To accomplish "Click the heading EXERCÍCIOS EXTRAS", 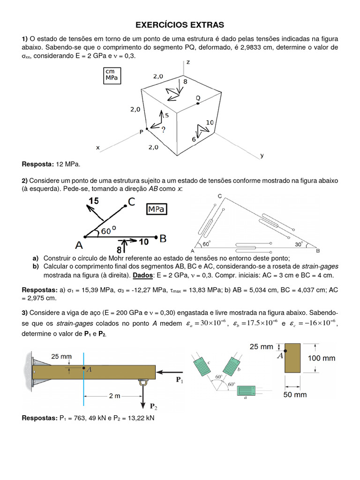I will click(x=180, y=24).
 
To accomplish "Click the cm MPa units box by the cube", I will click(x=112, y=75).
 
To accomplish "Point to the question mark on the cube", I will click(x=163, y=129).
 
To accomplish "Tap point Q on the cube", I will click(x=198, y=103).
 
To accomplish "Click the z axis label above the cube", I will click(x=188, y=62).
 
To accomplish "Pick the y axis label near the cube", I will click(x=262, y=156).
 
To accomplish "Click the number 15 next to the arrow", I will click(x=93, y=201).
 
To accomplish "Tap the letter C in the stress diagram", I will click(x=131, y=202).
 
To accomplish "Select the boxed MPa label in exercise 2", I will click(x=157, y=210).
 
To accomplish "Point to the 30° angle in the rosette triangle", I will click(x=299, y=244).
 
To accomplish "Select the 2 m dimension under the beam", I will click(x=115, y=396).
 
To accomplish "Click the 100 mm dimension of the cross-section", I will click(x=322, y=358).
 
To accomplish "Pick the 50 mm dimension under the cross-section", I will click(x=294, y=395).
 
